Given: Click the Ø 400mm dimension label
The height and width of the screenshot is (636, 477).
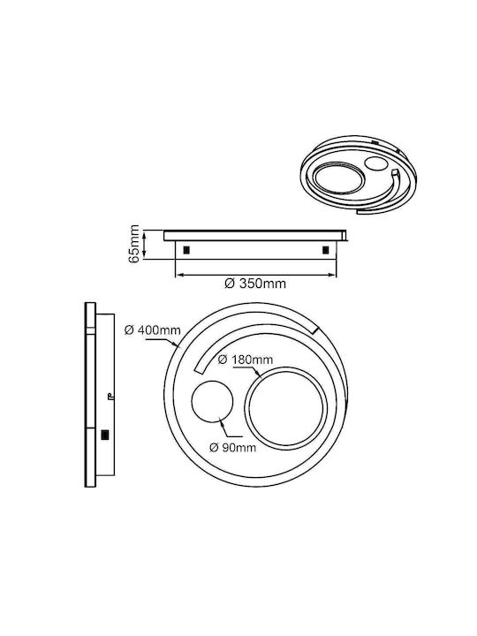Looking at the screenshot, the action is point(153,330).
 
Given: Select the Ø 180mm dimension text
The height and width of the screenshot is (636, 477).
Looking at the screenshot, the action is point(246,360).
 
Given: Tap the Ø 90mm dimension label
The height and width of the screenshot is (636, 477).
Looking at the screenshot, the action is point(233,447).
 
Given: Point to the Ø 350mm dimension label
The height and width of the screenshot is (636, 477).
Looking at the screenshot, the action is point(255,284).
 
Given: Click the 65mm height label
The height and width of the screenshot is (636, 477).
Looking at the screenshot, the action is point(134,244).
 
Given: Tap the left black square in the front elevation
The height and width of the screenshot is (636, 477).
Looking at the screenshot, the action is point(186,250).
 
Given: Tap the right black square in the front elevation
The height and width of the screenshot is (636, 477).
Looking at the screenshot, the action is point(326,250).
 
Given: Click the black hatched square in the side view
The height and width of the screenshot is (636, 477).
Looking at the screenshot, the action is point(105,435).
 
